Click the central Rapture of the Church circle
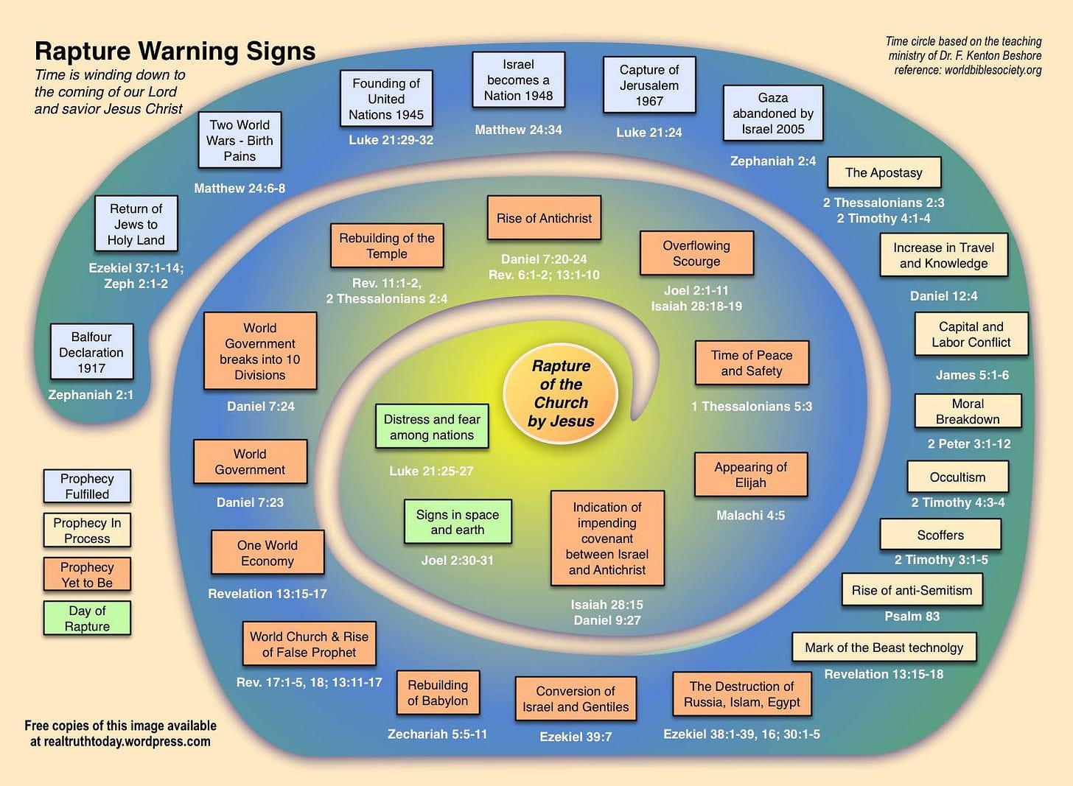coord(561,394)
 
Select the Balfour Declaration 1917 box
coord(91,352)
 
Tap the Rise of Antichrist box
coord(544,218)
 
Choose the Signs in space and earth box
coord(458,522)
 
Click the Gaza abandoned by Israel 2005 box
coord(773,113)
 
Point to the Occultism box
coord(957,477)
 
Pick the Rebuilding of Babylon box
coord(438,692)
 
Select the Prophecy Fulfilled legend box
coord(87,486)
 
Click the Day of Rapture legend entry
coord(87,619)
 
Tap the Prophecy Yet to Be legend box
coord(87,575)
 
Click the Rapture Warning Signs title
coord(175,51)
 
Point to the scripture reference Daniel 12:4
coord(943,296)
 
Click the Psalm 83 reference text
coord(912,617)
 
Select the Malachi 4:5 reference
coord(750,516)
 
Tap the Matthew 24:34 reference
coord(518,130)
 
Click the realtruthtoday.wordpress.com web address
coord(120,742)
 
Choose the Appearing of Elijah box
coord(750,475)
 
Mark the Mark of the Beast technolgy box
coord(884,648)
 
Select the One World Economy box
coord(268,553)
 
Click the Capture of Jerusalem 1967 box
coord(649,85)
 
